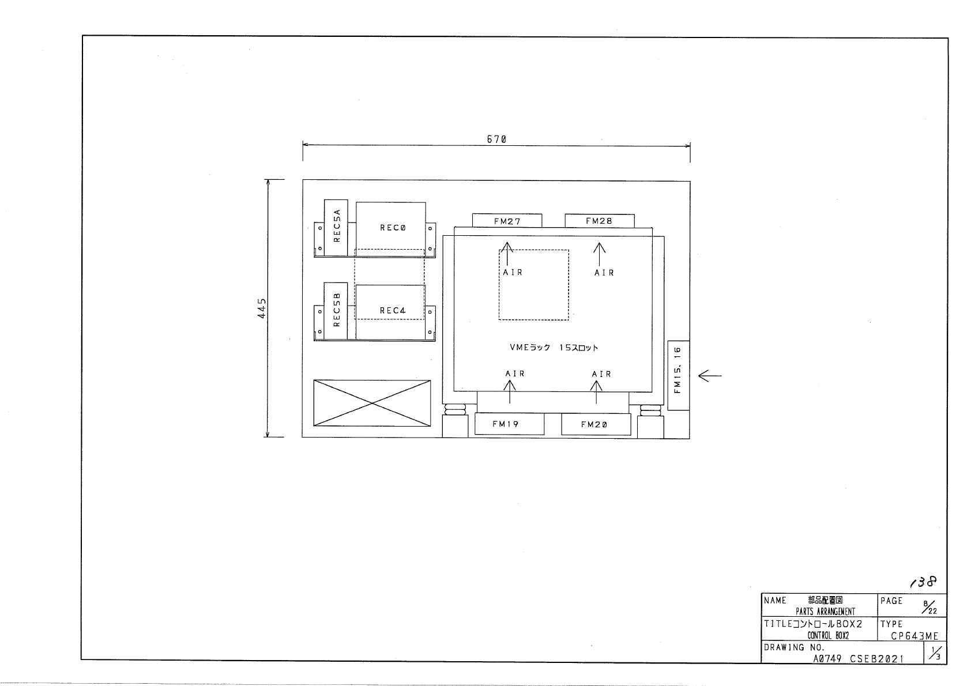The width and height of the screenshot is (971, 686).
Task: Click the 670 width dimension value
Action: [x=496, y=139]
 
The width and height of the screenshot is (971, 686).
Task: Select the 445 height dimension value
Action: [x=262, y=308]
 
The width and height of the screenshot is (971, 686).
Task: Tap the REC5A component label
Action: [x=337, y=225]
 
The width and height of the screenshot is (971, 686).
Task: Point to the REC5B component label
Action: [x=337, y=310]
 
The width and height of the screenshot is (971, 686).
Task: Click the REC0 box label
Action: [x=393, y=228]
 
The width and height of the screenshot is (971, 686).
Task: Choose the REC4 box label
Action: [x=393, y=310]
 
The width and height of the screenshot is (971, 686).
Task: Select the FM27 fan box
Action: [x=507, y=220]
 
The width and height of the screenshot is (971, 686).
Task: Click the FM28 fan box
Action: [x=600, y=221]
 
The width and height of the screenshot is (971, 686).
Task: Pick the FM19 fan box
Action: [x=509, y=424]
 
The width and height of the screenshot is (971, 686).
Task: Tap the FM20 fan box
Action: [x=596, y=424]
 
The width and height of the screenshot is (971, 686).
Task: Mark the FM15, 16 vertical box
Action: [x=679, y=375]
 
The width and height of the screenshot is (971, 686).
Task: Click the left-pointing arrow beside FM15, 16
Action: [x=710, y=376]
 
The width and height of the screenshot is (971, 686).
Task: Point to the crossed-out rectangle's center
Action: [x=372, y=403]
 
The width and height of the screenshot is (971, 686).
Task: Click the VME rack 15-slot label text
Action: [x=554, y=348]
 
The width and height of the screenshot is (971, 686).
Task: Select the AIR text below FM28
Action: [x=604, y=273]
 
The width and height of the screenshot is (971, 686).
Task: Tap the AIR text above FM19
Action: [x=515, y=374]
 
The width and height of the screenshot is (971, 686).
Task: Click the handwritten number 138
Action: [x=923, y=582]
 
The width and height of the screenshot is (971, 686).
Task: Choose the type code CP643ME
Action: [x=914, y=636]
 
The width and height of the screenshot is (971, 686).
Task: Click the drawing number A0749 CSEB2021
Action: [x=859, y=659]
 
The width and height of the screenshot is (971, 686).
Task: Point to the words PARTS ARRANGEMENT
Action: [x=825, y=612]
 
